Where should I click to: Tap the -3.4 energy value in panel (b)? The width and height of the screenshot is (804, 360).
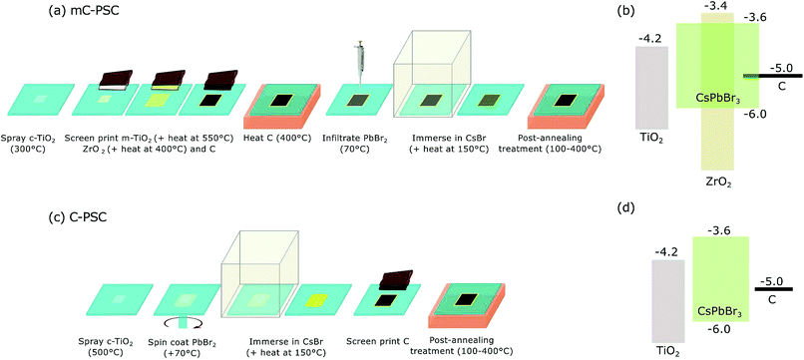tap(714, 7)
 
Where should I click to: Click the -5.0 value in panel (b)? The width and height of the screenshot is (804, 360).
tap(781, 69)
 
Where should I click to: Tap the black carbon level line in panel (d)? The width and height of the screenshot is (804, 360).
tap(773, 290)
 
